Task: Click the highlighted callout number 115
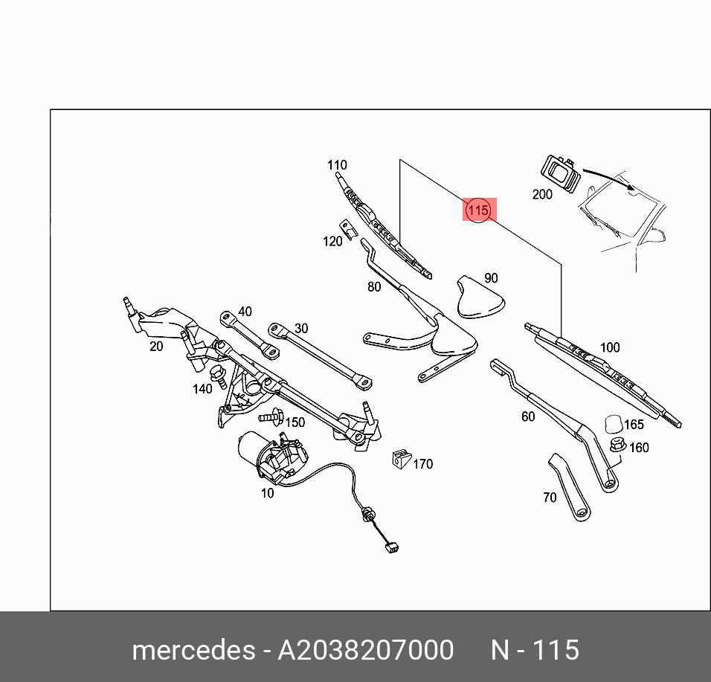477,210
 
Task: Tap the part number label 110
337,165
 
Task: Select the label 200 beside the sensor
542,194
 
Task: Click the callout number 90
491,278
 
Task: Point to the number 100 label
609,347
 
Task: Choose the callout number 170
422,464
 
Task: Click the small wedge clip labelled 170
400,459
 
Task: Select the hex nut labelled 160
617,445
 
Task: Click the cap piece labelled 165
614,423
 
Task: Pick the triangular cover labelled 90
477,297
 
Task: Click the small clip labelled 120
346,225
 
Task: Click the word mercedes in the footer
193,650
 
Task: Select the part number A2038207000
365,650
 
